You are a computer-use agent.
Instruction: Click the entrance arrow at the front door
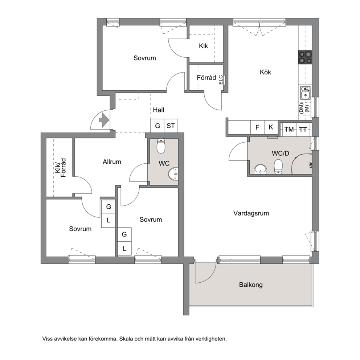pos(104,120)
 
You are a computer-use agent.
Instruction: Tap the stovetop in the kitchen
pos(305,57)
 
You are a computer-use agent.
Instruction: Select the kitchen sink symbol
pos(305,93)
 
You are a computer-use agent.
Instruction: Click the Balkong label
pos(251,285)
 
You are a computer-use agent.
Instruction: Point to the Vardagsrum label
pos(251,213)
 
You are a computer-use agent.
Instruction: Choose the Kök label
pos(265,72)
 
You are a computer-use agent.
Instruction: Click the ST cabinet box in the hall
pos(171,126)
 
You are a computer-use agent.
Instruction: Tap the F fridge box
pos(257,127)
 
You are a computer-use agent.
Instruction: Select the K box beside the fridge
pos(271,127)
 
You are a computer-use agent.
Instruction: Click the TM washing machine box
pos(289,130)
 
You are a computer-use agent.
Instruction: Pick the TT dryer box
pos(303,130)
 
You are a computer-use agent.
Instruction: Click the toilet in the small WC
pos(161,146)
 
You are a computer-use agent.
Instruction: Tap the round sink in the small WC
pos(173,174)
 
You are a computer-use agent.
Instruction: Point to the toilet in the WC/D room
pos(278,167)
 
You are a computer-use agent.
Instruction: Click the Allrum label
pos(112,162)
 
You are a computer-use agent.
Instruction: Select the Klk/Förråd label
pos(60,168)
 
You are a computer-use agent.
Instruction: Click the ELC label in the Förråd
pos(221,80)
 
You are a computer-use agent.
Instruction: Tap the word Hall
pos(159,110)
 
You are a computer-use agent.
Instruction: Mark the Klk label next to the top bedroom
pos(204,46)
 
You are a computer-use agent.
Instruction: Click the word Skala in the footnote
pos(126,339)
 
